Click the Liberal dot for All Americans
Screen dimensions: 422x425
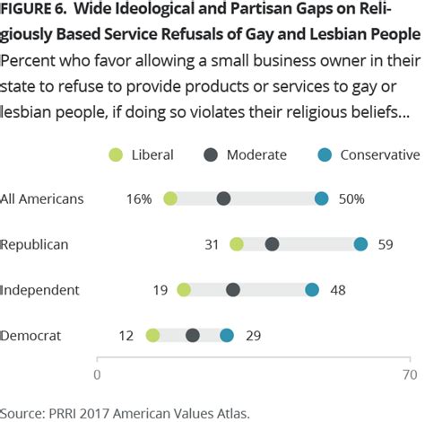tap(170, 198)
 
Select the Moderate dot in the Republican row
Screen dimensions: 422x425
tap(272, 244)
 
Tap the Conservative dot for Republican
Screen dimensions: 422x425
tap(360, 244)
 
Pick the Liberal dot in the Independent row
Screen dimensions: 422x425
tap(184, 289)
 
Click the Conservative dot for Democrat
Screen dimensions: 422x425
tap(227, 335)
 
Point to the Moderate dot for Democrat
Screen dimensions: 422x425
tap(193, 335)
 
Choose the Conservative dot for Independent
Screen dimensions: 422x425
tap(312, 289)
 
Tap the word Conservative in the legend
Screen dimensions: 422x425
tap(385, 154)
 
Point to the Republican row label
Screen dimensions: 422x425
tap(34, 244)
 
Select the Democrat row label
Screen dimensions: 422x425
tap(31, 335)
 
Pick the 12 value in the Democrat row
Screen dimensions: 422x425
tap(126, 335)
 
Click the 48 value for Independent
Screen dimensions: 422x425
tap(338, 289)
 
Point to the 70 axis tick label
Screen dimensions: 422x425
tap(410, 374)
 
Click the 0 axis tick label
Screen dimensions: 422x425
tap(97, 374)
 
